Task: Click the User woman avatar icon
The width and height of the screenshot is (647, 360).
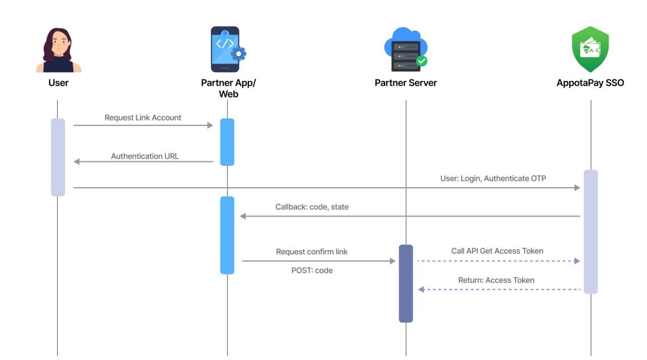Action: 59,50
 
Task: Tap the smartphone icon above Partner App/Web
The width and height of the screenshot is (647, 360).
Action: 226,49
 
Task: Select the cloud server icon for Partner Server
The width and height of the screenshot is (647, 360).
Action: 405,49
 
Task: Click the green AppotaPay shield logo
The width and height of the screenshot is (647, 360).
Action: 590,49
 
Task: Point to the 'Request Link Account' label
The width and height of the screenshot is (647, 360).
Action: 143,117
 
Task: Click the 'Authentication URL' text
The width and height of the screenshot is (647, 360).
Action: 145,156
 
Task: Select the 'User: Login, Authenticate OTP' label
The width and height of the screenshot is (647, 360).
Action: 493,178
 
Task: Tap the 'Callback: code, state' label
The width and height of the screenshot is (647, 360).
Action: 312,207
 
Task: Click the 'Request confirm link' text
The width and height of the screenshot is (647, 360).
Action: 312,251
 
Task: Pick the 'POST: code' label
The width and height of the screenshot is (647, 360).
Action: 312,271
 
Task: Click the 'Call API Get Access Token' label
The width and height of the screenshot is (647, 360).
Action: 497,251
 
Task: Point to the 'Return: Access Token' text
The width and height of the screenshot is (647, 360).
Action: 496,280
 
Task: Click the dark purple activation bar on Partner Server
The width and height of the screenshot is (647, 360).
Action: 405,283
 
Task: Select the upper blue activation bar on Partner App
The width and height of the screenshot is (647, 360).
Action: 227,142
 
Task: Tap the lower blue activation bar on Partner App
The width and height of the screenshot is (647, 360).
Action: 227,235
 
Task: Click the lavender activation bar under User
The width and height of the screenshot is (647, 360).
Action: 58,157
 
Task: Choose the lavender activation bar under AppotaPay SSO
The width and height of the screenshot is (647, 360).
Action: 590,231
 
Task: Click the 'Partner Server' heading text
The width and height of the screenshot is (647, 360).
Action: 405,83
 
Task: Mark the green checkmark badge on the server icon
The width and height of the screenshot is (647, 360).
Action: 422,61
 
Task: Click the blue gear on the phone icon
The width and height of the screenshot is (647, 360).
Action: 238,54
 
